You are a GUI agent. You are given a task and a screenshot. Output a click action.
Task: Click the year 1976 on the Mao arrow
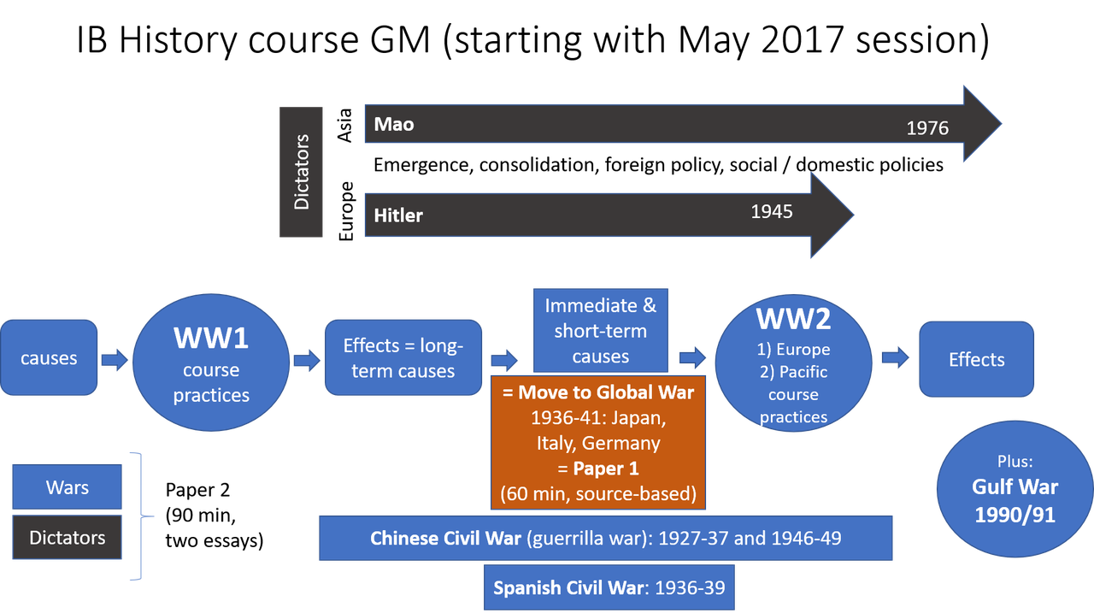927,128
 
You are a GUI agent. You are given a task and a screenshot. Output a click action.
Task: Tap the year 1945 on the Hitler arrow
771,211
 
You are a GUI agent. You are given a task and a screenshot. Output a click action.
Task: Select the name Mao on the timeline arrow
394,124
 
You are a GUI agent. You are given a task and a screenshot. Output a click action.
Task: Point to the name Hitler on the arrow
398,215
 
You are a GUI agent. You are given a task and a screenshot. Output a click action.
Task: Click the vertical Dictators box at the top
301,172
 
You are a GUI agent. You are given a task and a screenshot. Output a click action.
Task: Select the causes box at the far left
49,358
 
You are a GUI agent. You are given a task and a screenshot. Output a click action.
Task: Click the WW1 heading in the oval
211,338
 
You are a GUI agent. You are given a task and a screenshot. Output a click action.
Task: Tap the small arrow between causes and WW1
115,359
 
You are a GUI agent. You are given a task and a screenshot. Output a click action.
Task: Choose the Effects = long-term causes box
403,358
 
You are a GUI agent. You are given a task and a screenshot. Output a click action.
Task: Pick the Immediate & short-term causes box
600,331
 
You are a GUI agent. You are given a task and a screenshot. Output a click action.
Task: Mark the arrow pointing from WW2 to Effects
896,358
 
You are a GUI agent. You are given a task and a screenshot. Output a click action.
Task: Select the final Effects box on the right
976,360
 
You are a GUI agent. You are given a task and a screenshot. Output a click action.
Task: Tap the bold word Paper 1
605,469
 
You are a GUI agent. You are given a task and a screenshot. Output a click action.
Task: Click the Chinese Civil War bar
605,539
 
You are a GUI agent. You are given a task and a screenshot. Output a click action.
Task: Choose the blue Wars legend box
68,487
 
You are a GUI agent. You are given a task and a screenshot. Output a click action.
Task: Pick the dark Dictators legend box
68,538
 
